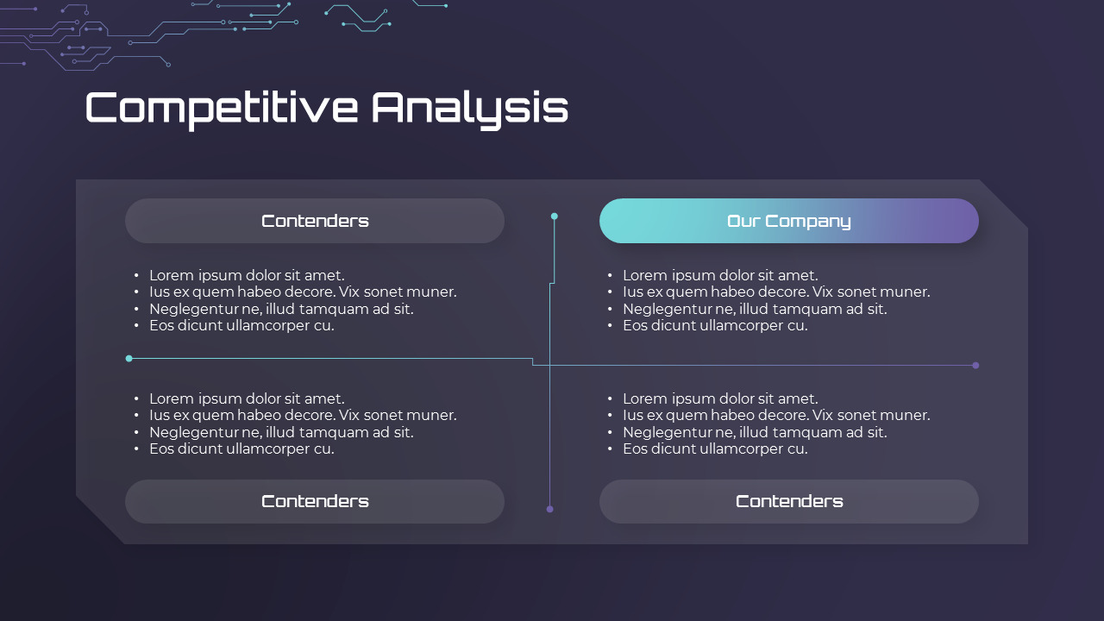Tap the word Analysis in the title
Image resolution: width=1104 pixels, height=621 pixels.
470,108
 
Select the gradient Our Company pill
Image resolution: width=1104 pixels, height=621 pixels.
788,221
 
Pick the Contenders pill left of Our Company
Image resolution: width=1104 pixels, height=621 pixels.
315,221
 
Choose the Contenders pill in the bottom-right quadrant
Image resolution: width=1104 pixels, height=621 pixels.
788,501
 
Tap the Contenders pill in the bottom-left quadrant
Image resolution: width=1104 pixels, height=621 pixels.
315,501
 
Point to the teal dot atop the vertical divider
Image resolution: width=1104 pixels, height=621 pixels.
555,216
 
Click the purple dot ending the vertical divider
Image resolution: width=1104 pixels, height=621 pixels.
549,509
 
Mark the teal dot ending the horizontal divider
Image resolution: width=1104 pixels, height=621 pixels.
129,358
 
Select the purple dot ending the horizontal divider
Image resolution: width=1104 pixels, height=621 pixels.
975,365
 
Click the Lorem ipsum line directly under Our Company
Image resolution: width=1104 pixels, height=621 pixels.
720,275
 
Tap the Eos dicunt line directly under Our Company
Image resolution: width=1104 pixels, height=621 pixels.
715,325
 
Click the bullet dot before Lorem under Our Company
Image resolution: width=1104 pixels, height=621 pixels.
610,276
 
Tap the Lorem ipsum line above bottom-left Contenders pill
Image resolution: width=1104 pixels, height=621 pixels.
247,398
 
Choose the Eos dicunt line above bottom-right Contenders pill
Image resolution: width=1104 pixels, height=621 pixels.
715,448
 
